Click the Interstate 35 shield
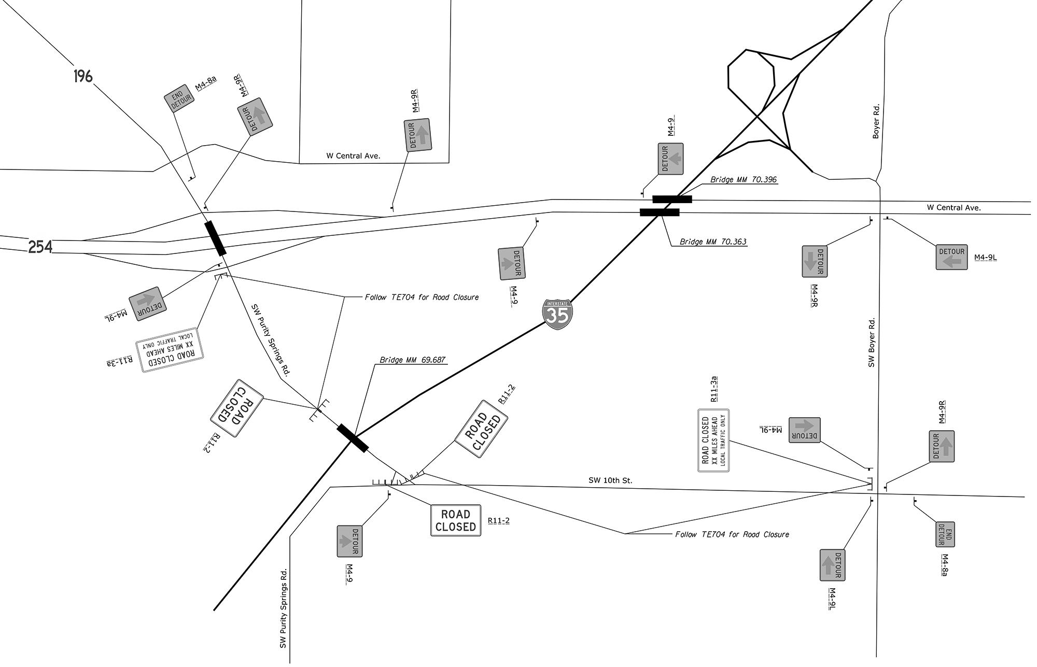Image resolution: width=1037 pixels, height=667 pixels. (557, 314)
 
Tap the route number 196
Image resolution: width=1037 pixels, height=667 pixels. (83, 77)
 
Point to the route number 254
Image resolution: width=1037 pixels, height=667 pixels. (40, 247)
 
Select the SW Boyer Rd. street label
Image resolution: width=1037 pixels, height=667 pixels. (872, 343)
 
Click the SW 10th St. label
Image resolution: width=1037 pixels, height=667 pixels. (610, 480)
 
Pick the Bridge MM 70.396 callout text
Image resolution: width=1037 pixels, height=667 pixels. (743, 180)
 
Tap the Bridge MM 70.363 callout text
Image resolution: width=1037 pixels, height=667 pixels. (713, 242)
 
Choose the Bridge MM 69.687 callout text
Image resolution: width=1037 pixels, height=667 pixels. (412, 360)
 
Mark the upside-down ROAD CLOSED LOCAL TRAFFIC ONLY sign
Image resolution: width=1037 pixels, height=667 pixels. (170, 350)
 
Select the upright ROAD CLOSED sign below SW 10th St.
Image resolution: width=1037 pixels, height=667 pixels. (456, 520)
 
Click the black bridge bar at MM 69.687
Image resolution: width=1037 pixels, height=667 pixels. (353, 438)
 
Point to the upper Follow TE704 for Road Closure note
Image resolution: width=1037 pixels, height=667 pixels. (422, 297)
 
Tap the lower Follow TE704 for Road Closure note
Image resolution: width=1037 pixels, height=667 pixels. (732, 534)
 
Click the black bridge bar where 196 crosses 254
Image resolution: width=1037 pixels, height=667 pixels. (216, 238)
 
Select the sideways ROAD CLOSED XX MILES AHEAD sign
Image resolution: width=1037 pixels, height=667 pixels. (713, 441)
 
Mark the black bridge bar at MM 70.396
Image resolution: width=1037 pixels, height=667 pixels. (672, 199)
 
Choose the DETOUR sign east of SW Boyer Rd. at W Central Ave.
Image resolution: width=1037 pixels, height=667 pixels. (951, 257)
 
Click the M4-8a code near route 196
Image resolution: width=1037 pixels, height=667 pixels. (206, 83)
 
